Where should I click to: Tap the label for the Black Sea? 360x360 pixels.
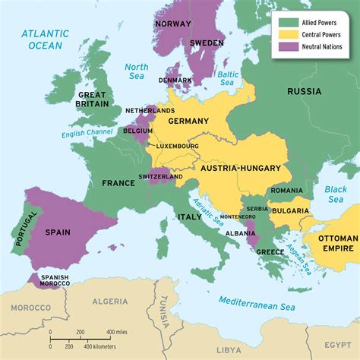(x=334, y=194)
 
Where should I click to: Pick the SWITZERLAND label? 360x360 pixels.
(x=159, y=177)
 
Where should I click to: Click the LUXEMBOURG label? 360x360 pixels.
(x=178, y=146)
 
